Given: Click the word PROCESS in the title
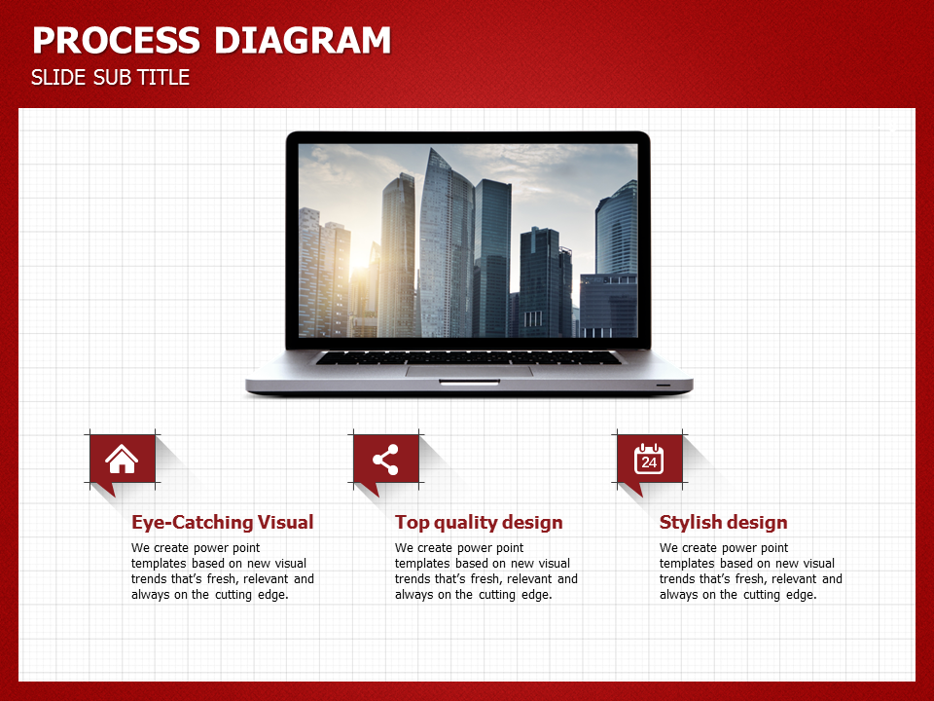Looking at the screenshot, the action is coord(116,41).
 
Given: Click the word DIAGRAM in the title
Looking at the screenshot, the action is coord(302,41).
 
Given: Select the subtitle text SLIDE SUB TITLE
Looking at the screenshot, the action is coord(110,78).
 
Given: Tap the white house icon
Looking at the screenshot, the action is coord(122,459).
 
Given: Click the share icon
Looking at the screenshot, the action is coord(385,460).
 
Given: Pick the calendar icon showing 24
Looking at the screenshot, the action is coord(649,459).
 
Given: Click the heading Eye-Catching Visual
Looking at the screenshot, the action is coord(222,522).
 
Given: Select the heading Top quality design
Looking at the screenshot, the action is coord(479,522).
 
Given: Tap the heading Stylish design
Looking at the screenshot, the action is coord(723,522).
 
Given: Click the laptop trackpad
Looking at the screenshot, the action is coord(469,371).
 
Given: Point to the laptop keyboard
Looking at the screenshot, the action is coord(468,357).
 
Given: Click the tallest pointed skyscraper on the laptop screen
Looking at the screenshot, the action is coord(446,244).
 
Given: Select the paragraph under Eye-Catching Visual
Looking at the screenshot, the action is coord(222,572).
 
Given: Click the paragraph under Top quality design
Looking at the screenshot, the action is coord(486,572).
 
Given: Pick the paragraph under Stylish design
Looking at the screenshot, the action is coord(750,572).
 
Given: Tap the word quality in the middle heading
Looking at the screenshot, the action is coord(470,523).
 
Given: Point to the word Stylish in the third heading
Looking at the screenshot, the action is coord(691,522).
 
